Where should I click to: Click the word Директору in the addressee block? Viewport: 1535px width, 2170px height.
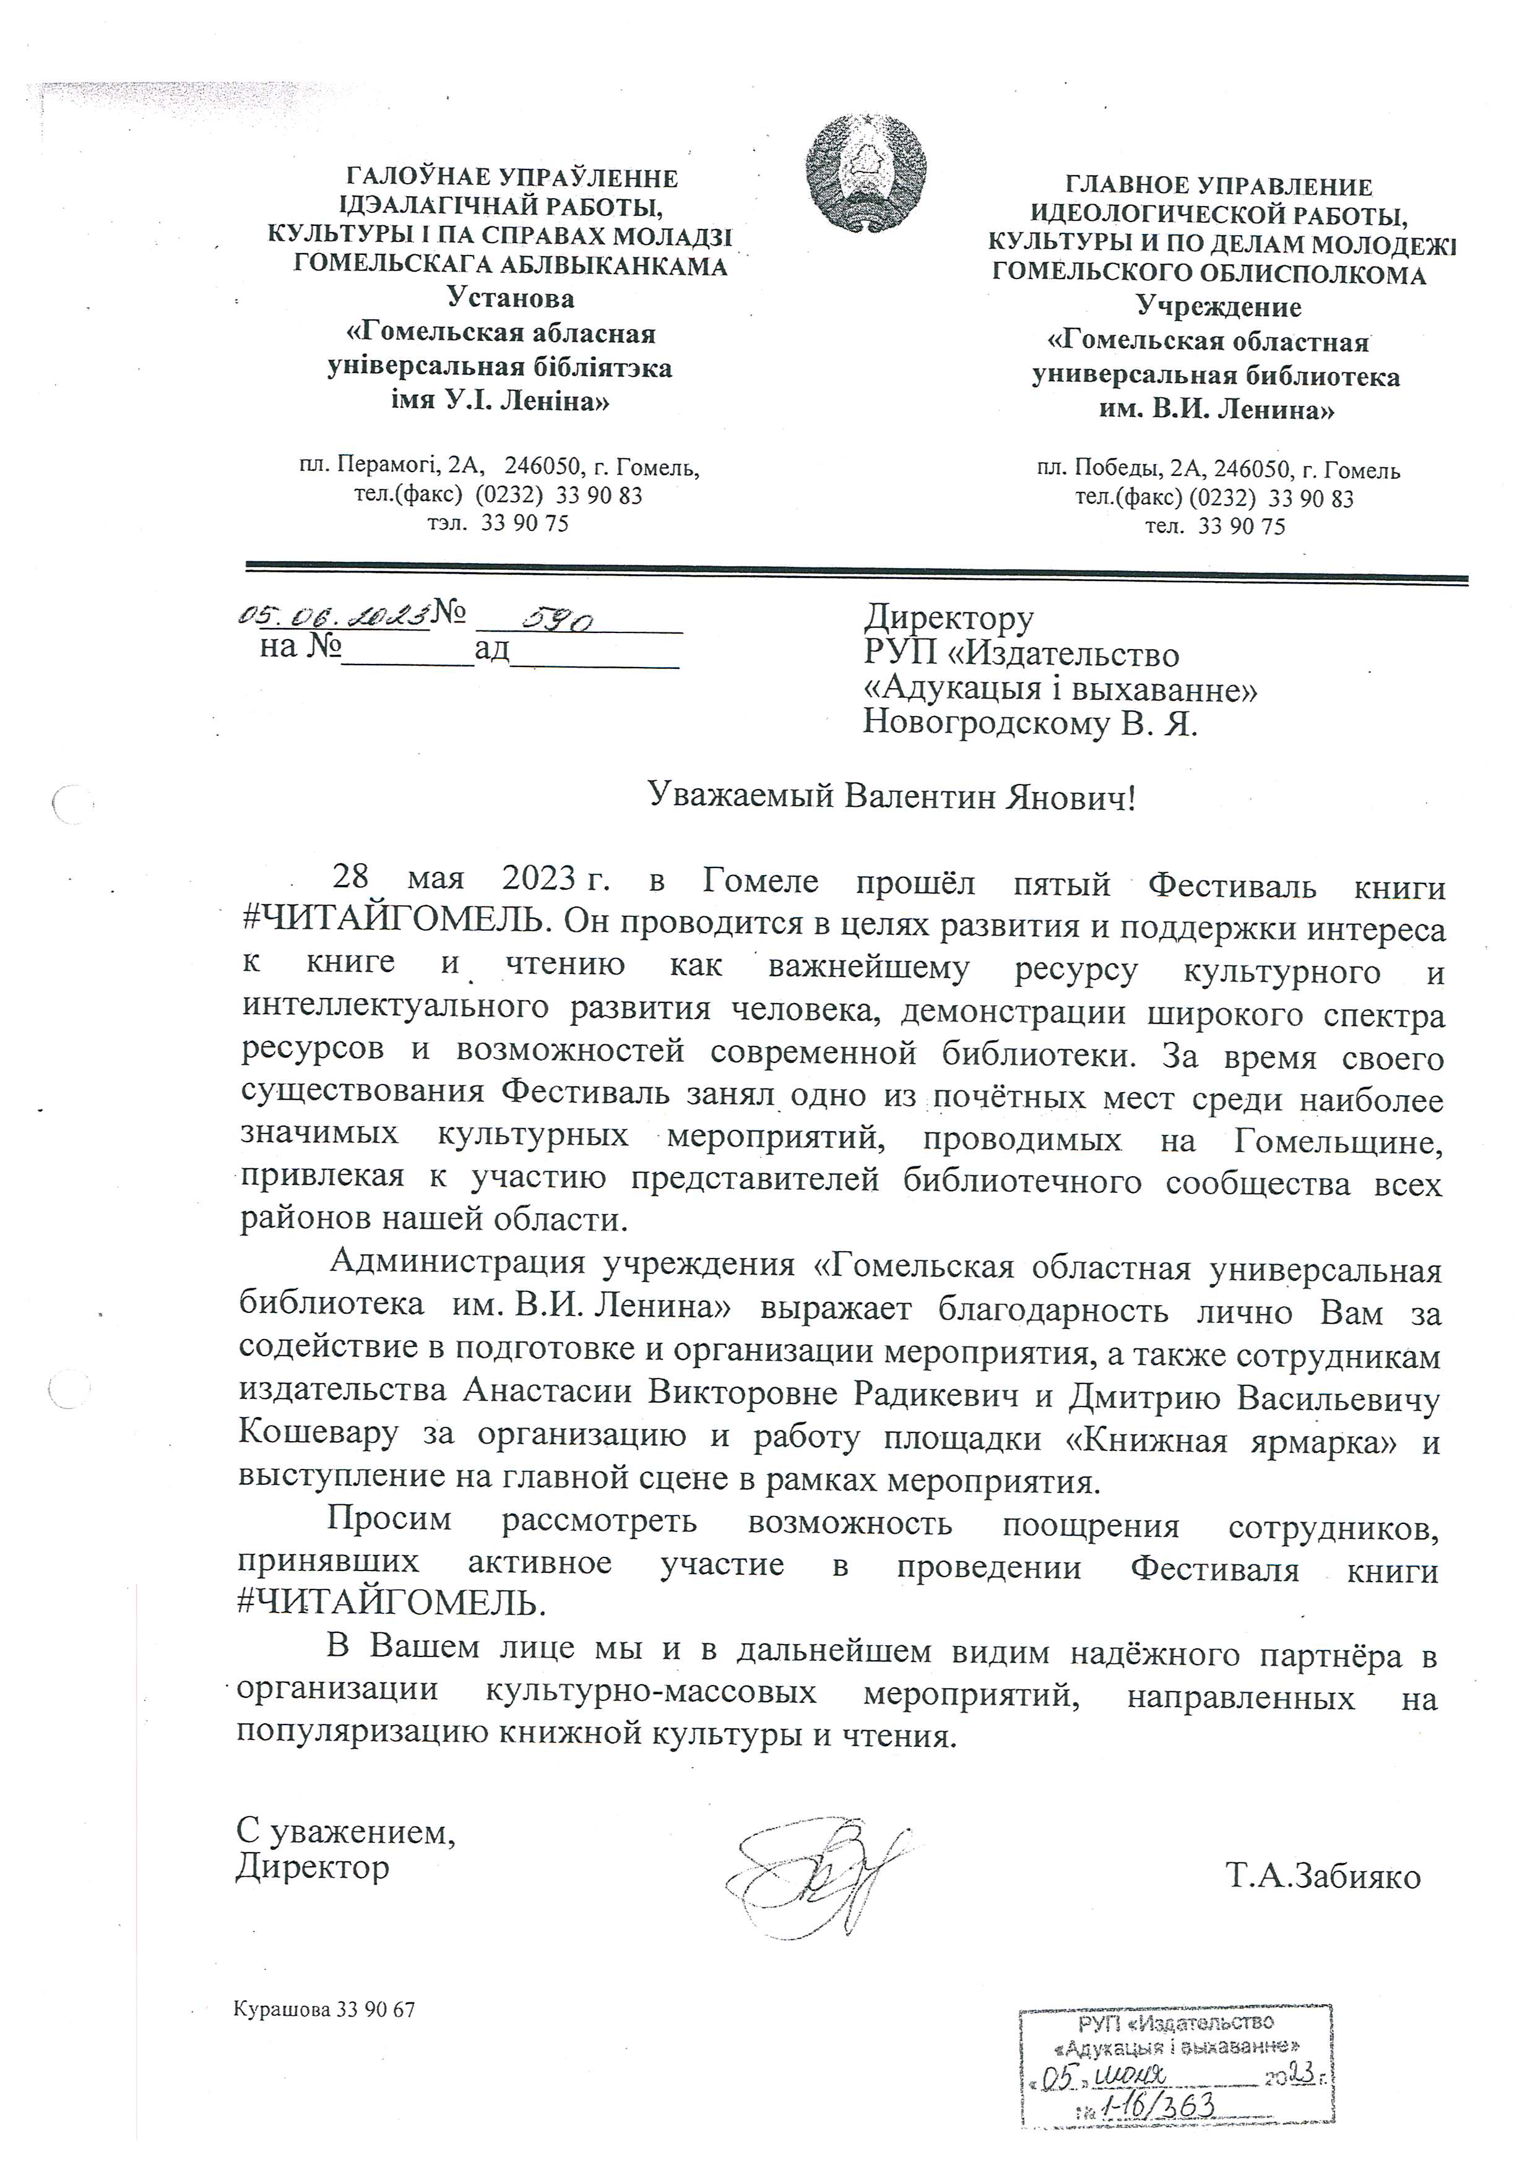coord(948,618)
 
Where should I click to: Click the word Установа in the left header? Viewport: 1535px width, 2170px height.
coord(511,299)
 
